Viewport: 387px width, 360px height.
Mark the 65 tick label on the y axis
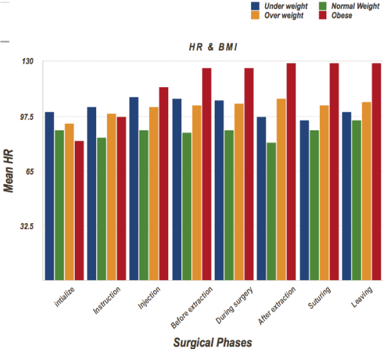(28, 172)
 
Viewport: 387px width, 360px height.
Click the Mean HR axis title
(9, 171)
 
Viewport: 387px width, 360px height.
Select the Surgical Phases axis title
(212, 342)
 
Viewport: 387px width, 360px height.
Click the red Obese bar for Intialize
(79, 210)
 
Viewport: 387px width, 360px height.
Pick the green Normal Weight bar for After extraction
(272, 211)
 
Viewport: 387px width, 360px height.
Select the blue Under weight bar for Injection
(134, 188)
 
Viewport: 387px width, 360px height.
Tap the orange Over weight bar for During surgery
(239, 192)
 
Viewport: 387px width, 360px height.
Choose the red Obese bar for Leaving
(376, 172)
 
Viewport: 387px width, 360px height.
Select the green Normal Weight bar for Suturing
(314, 205)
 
